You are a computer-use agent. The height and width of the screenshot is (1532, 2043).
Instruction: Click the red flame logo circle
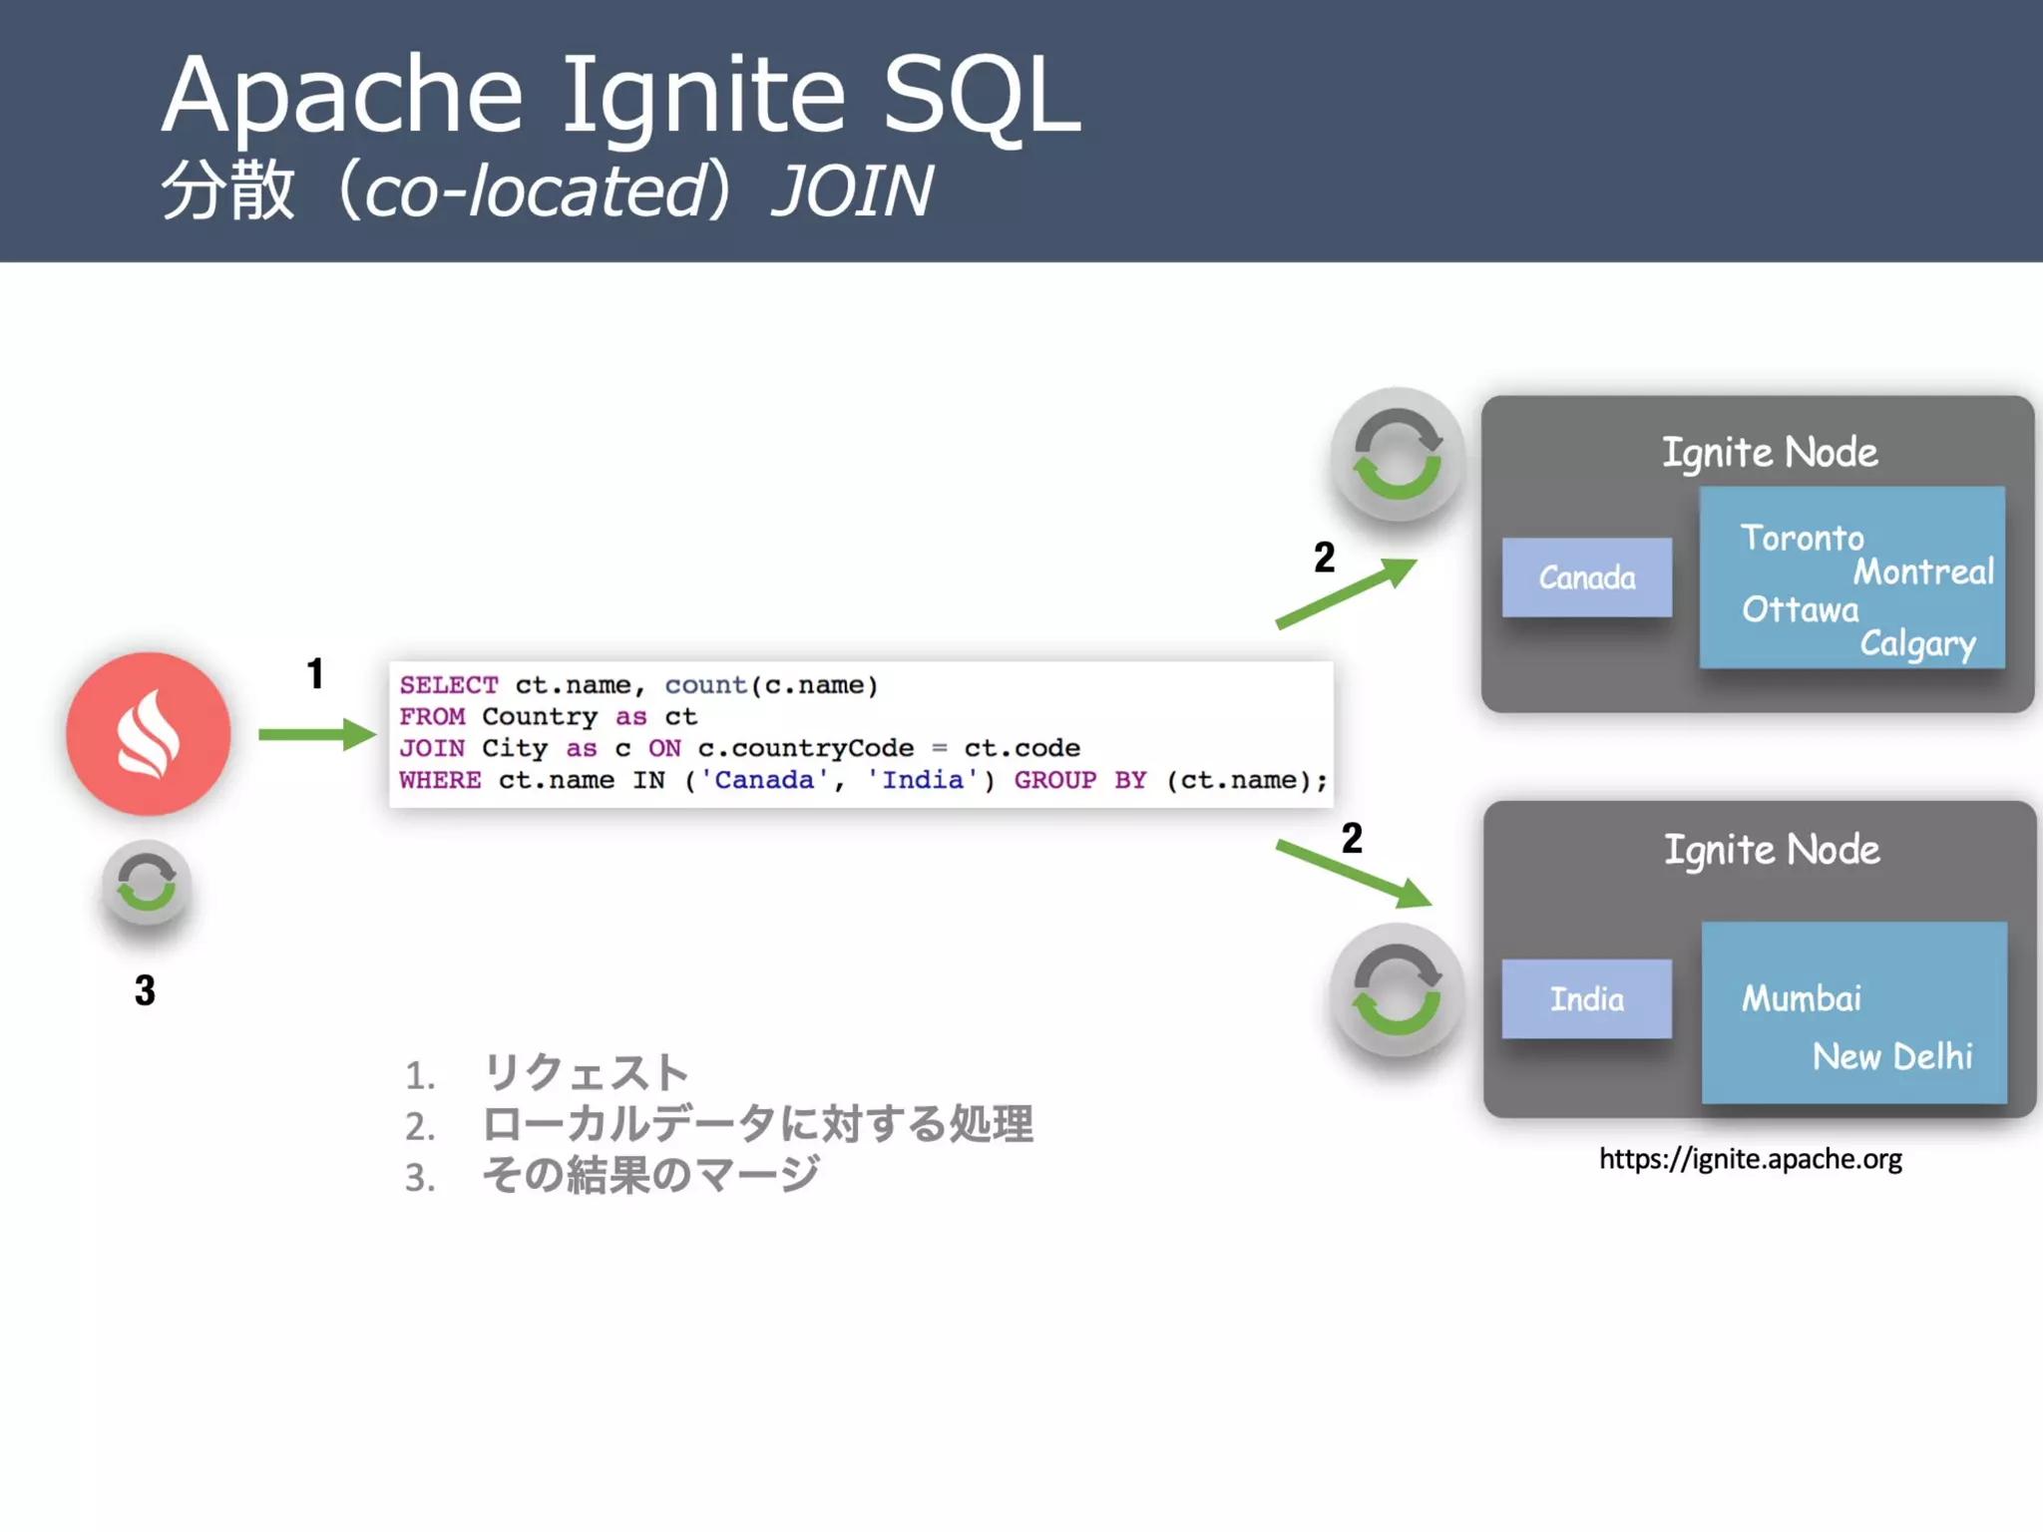pyautogui.click(x=148, y=734)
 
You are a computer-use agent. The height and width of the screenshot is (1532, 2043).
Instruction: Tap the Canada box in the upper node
pyautogui.click(x=1586, y=577)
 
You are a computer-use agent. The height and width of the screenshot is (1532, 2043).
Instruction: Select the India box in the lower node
pyautogui.click(x=1586, y=998)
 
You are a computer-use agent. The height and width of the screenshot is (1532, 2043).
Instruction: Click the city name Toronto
pyautogui.click(x=1802, y=539)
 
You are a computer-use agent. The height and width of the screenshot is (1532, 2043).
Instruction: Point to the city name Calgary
pyautogui.click(x=1917, y=644)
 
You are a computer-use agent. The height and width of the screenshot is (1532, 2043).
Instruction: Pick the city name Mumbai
pyautogui.click(x=1802, y=998)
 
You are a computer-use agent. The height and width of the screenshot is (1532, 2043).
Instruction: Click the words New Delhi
pyautogui.click(x=1891, y=1056)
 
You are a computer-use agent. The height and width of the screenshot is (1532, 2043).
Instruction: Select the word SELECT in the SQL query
pyautogui.click(x=448, y=685)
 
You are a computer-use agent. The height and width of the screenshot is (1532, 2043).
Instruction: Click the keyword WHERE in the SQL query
pyautogui.click(x=440, y=780)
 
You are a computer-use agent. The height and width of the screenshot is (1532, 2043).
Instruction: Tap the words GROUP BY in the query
pyautogui.click(x=1079, y=780)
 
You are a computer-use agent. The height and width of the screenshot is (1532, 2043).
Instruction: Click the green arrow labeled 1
pyautogui.click(x=315, y=735)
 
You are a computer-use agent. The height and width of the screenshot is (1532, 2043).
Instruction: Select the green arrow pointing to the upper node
pyautogui.click(x=1346, y=593)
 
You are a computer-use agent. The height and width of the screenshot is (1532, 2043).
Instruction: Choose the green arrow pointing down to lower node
pyautogui.click(x=1353, y=875)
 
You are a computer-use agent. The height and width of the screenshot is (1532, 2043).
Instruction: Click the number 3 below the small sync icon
pyautogui.click(x=146, y=990)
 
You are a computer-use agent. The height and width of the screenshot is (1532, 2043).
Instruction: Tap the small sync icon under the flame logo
pyautogui.click(x=147, y=883)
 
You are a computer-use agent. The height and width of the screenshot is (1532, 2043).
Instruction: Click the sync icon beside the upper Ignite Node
pyautogui.click(x=1397, y=455)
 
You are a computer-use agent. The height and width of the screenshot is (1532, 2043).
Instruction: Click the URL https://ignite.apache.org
pyautogui.click(x=1750, y=1159)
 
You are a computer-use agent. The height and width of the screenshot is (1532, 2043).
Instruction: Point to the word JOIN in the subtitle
pyautogui.click(x=853, y=191)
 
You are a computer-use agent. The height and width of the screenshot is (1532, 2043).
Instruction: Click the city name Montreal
pyautogui.click(x=1922, y=573)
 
